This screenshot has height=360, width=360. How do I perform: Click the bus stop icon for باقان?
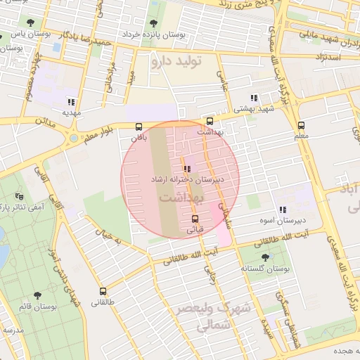[x=138, y=127]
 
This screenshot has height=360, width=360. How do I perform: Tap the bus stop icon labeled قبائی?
[x=195, y=218]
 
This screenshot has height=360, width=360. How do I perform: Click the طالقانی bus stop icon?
[x=103, y=290]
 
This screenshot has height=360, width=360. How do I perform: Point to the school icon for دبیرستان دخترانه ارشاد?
[x=186, y=169]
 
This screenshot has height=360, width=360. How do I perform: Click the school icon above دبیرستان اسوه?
[x=282, y=210]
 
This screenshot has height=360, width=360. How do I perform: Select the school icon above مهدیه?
[x=70, y=101]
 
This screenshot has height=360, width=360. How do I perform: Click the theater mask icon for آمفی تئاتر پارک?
[x=19, y=196]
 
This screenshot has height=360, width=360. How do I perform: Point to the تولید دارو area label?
[x=176, y=62]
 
